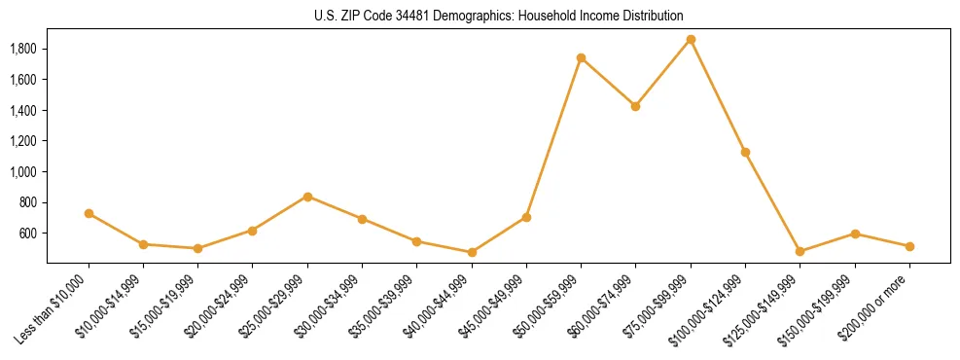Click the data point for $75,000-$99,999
691,40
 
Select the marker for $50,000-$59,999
581,58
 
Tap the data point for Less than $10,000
89,213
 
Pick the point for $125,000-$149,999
800,252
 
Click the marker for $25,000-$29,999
307,197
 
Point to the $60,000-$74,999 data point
635,106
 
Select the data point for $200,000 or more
909,247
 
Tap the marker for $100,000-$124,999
745,153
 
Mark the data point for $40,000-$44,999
472,252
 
